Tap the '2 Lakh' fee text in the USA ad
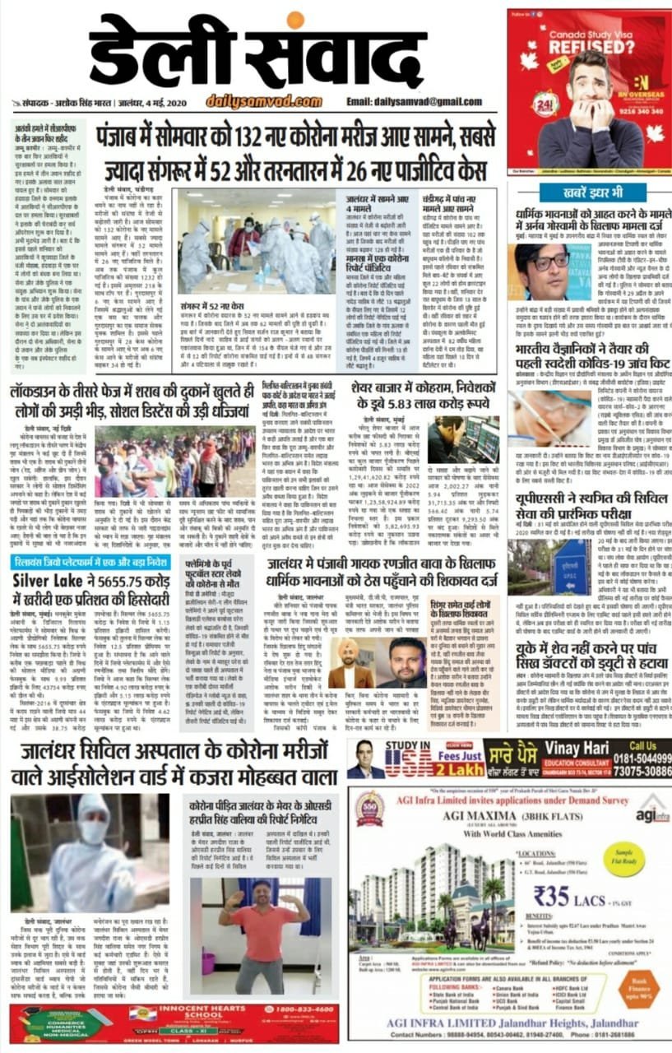click(422, 770)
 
